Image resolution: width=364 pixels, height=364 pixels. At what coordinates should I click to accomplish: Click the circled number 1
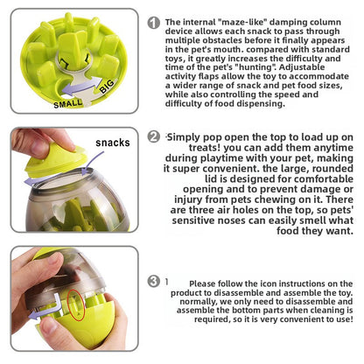click(x=154, y=24)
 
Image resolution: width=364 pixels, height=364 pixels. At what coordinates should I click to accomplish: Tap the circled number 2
click(x=154, y=136)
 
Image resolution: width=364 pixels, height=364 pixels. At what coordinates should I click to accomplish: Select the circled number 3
click(x=154, y=282)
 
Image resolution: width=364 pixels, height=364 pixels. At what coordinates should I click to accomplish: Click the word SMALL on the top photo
click(x=68, y=104)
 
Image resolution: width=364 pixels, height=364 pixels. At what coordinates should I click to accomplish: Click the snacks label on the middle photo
click(x=112, y=143)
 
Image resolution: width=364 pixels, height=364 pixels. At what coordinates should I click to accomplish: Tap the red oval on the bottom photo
click(x=73, y=306)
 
